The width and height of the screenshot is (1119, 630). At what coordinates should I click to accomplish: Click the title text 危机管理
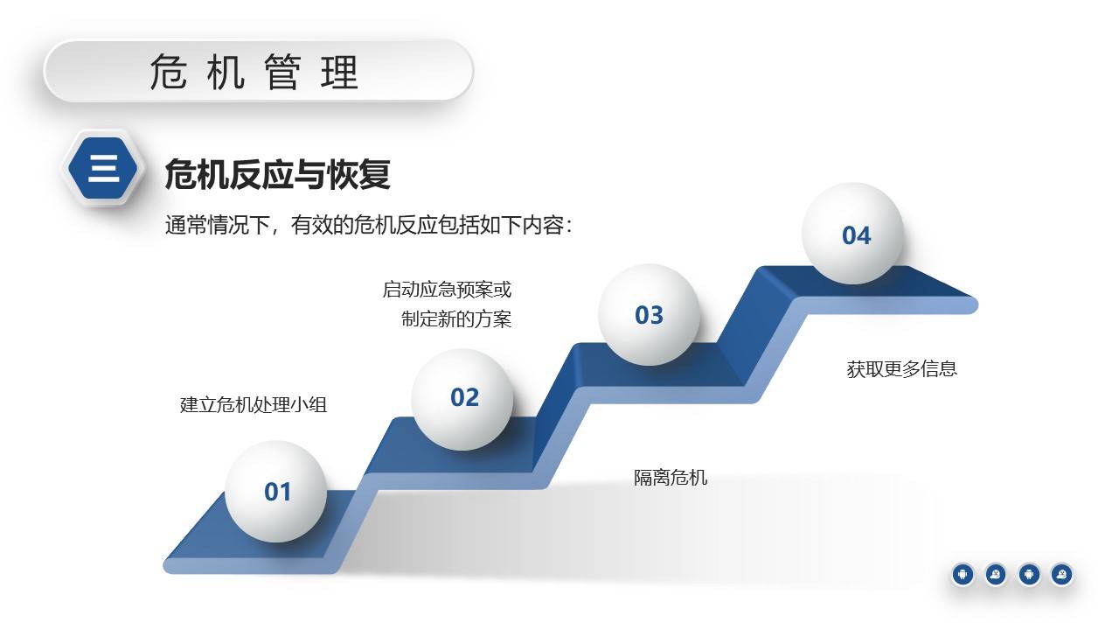point(254,72)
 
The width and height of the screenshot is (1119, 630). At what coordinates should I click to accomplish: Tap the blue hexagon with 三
point(103,167)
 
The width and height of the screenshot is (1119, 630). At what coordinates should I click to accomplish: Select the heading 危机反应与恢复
point(277,174)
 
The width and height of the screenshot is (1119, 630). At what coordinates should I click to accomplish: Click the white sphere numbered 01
point(276,491)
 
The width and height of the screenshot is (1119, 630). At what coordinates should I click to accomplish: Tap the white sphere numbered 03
point(649,315)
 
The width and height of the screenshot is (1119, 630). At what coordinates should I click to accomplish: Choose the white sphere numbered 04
point(853,234)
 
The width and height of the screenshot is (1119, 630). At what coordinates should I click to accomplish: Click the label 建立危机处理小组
point(254,404)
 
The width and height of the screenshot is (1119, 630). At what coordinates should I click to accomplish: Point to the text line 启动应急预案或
point(447,290)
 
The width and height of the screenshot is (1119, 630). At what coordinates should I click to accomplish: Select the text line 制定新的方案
point(456,319)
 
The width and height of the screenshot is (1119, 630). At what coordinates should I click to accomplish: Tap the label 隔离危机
point(671,478)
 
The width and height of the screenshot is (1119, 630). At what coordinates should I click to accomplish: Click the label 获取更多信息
point(901,369)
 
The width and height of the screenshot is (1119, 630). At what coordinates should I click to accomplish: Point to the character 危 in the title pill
point(166,72)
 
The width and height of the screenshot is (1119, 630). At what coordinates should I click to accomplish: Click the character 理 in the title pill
point(340,72)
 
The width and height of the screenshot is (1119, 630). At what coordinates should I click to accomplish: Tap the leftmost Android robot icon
point(963,574)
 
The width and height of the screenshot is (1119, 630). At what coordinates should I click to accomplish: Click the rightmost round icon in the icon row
point(1061,574)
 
